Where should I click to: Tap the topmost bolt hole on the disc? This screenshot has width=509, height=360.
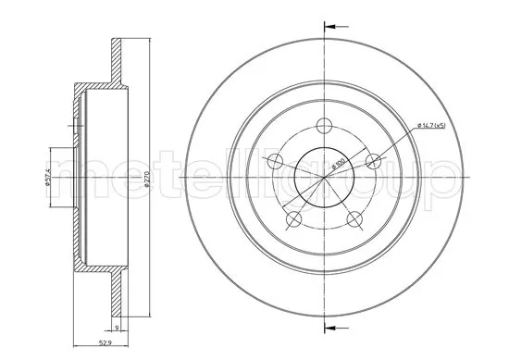click(323, 126)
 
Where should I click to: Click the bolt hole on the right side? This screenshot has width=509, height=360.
click(373, 162)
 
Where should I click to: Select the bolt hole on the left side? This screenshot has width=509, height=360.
click(274, 163)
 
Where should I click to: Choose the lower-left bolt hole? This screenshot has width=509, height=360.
click(293, 219)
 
